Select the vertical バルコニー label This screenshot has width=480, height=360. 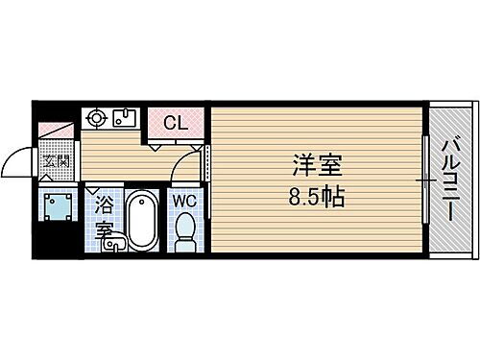click(x=451, y=180)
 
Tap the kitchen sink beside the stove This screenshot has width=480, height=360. click(x=124, y=120)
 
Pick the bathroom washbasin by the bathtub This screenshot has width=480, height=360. click(x=112, y=244)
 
